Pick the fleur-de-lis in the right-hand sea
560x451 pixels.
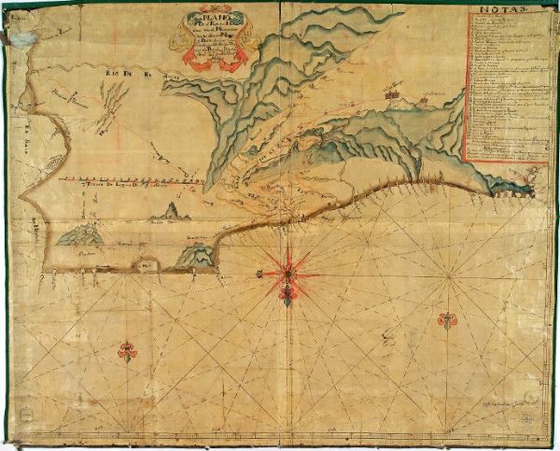447,320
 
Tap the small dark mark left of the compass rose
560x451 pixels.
258,272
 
